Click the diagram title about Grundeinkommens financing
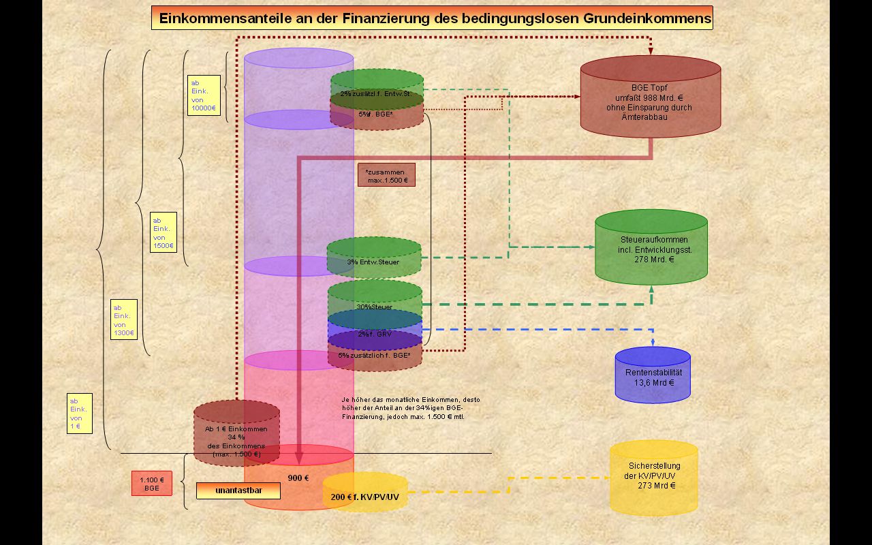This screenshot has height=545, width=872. pos(432,18)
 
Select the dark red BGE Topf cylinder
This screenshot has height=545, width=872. pos(650,99)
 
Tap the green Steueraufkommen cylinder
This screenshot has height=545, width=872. pos(651,249)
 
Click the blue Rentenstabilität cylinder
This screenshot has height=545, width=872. pos(653,377)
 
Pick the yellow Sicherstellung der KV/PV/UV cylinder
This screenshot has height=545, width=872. pos(653,478)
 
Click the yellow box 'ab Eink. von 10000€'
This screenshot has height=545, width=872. pos(204,95)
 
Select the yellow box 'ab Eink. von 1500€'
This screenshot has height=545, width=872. pos(163,232)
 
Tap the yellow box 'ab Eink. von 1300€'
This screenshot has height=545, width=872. pos(124,320)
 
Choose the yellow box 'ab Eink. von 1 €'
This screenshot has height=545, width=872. pos(80,414)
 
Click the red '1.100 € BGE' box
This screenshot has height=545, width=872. pos(151,484)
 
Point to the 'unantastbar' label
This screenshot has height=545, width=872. pos(238,490)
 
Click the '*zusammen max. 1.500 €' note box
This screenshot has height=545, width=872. pos(386,175)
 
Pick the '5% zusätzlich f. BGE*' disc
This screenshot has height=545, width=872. pos(375,356)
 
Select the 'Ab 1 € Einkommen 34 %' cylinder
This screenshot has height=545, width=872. pos(236,436)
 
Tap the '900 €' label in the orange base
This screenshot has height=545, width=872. pos(298,478)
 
